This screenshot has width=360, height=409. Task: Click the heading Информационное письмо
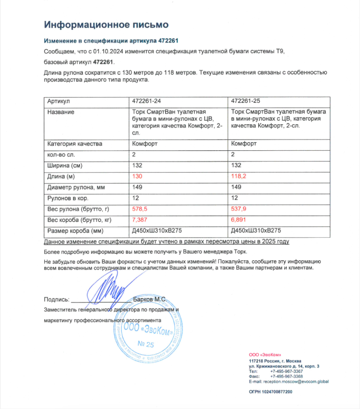click(x=106, y=25)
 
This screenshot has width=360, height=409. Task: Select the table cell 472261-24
click(x=147, y=101)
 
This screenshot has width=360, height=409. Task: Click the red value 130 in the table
click(x=137, y=176)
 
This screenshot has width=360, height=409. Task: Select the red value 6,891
click(x=240, y=220)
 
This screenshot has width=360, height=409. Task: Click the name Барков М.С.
click(x=149, y=299)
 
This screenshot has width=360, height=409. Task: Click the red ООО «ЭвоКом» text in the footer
click(x=264, y=355)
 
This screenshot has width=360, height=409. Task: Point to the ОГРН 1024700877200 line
click(x=271, y=392)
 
